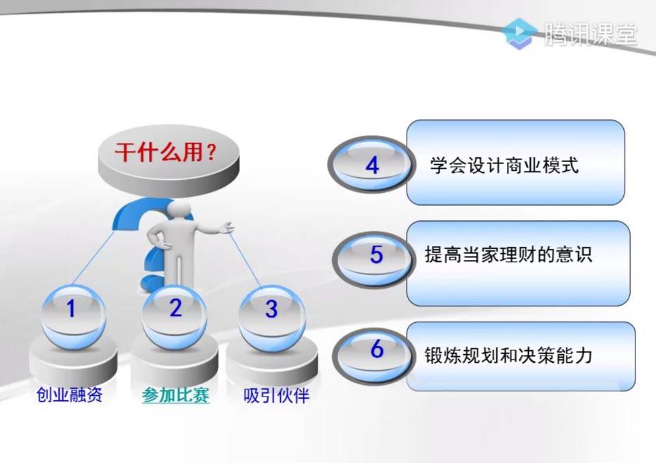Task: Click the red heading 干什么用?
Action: coord(165,152)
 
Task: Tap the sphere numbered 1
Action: coord(73,316)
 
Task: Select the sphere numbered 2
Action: coord(174,316)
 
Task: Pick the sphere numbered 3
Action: coord(272,319)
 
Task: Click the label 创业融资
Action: coord(70,395)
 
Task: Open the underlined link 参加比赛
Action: coord(176,395)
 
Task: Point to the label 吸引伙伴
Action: coord(276,395)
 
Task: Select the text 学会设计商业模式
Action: coord(504,165)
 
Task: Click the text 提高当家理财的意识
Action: coord(508,254)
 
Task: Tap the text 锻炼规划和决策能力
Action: coord(508,356)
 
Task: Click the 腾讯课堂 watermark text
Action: coord(590,34)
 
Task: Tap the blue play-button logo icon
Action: coord(519,34)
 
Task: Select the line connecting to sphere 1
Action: coord(94,257)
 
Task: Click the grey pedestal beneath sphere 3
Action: coord(272,362)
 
